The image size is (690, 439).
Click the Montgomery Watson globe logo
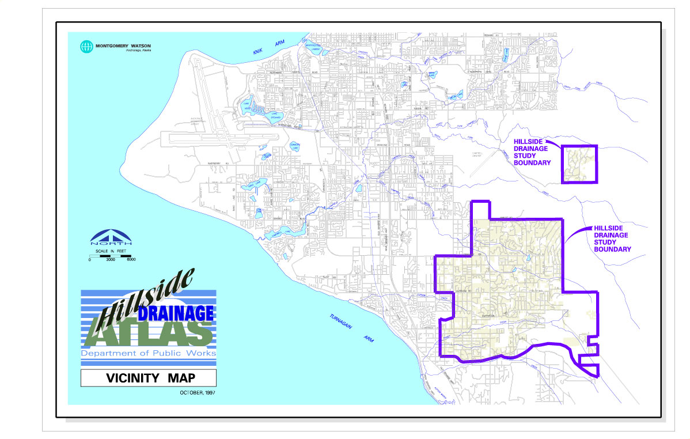(86, 46)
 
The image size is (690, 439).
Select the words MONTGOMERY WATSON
(123, 44)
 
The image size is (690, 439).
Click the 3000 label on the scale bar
(111, 260)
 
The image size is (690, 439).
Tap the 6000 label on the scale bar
(131, 260)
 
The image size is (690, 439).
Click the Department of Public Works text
(148, 353)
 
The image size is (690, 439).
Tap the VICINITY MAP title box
(148, 379)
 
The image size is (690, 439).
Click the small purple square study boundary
(579, 164)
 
